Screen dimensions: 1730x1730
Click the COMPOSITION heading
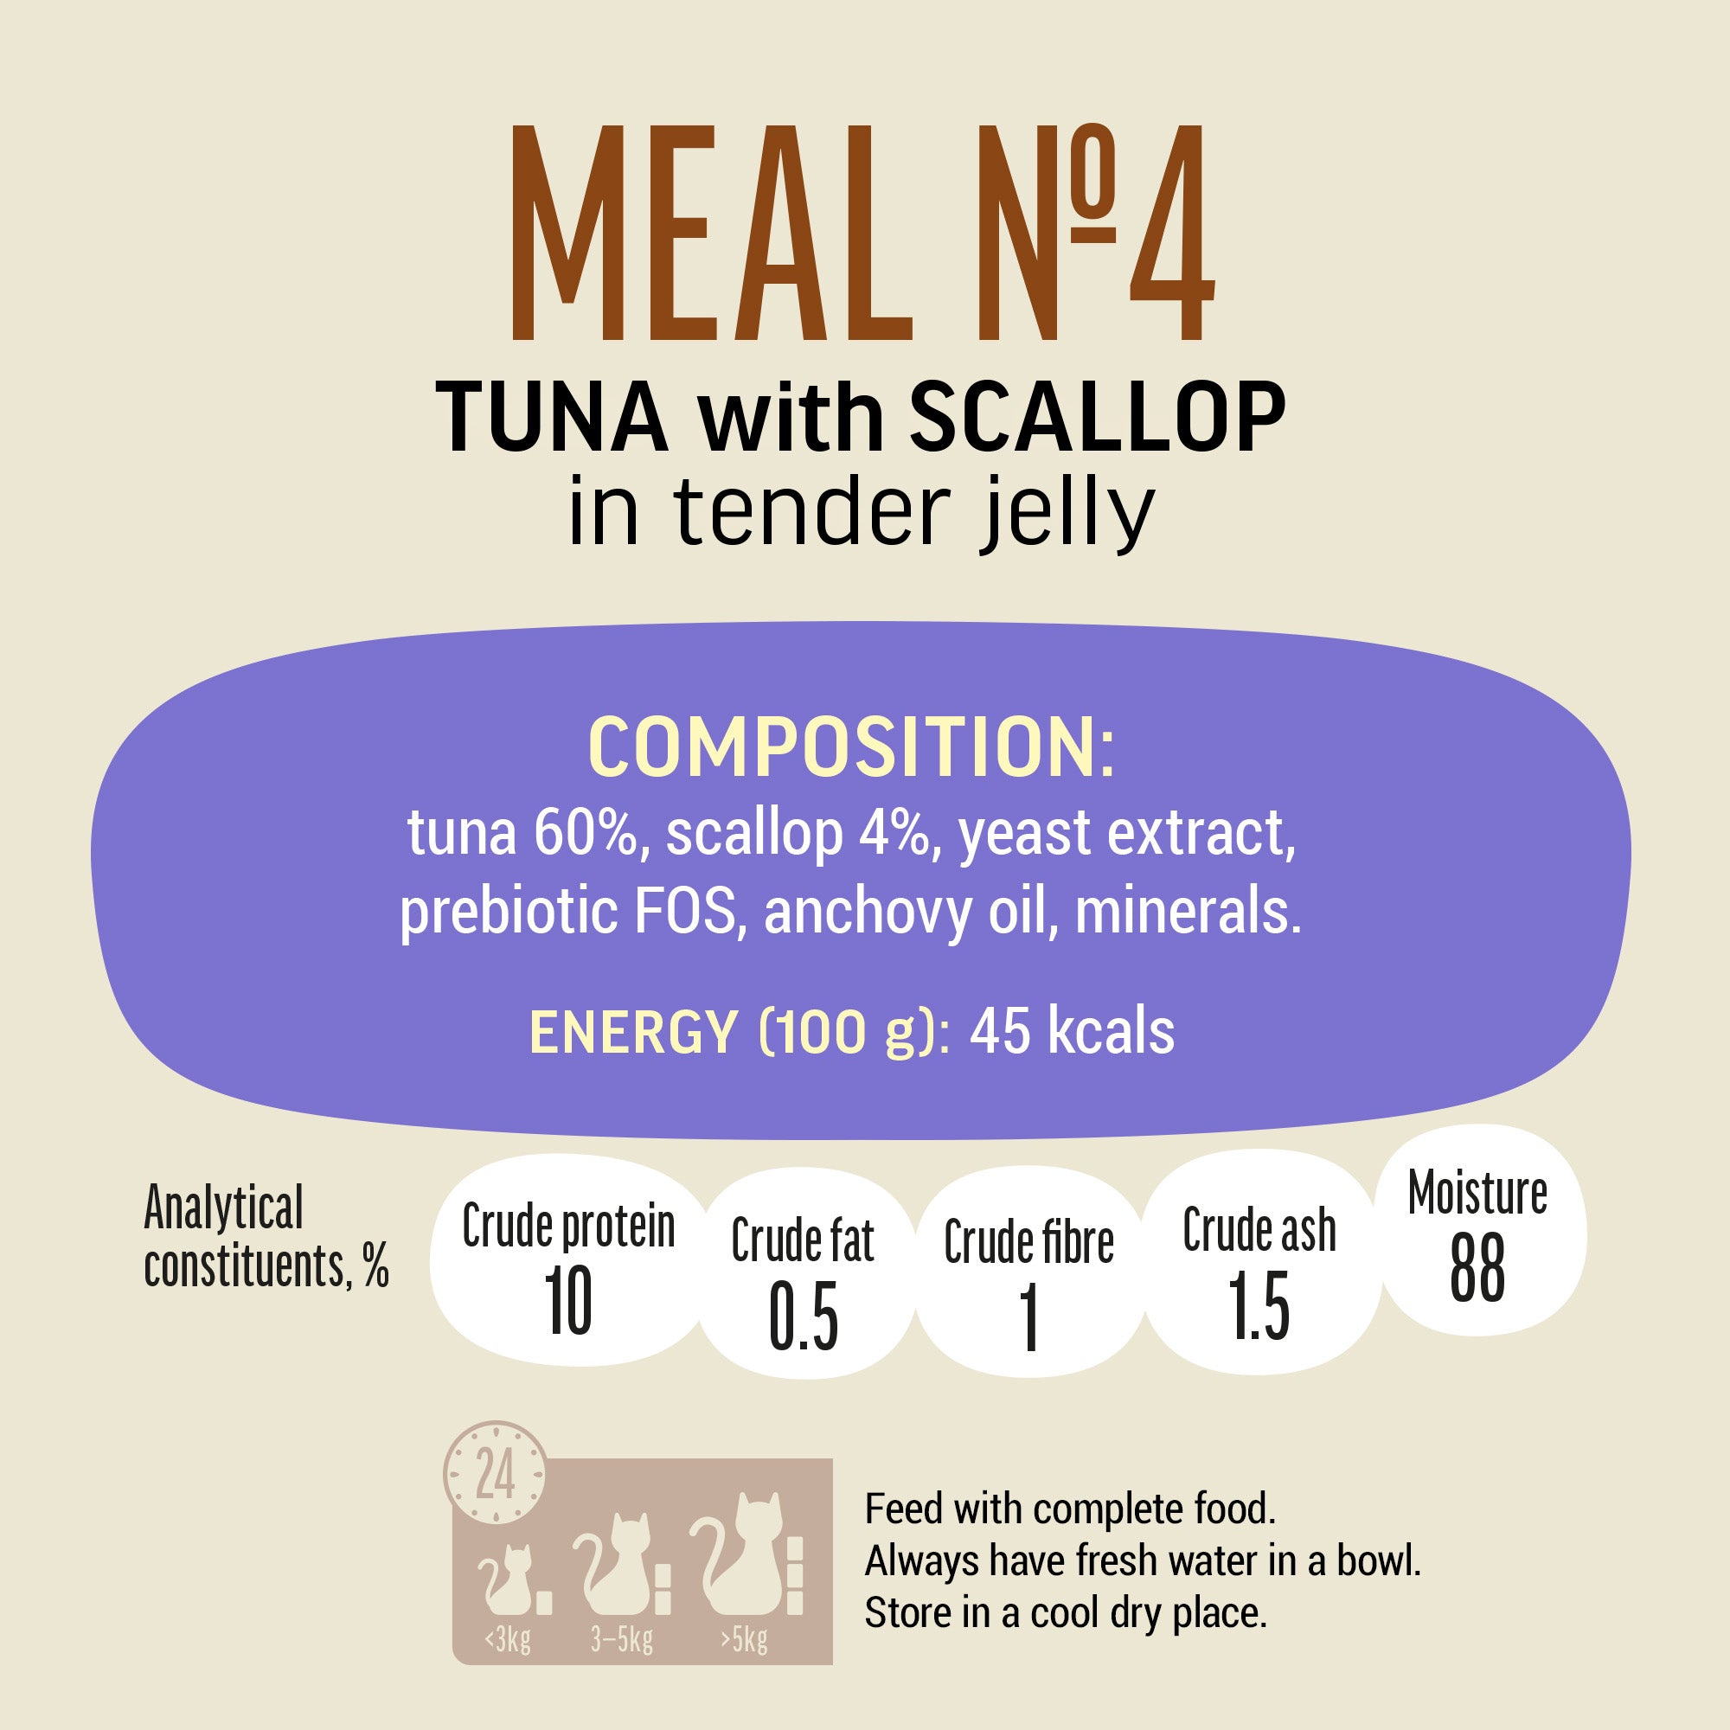coord(850,747)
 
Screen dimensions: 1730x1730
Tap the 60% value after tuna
coord(586,833)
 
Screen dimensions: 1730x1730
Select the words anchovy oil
coord(905,912)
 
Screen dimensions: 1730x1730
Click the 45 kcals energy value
coord(1072,1032)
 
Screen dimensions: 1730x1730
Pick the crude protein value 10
coord(567,1302)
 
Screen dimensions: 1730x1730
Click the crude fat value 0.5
coord(804,1317)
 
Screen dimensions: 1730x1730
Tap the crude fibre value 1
coord(1028,1317)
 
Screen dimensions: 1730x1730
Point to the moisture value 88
coord(1477,1268)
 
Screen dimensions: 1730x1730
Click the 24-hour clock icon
coord(494,1473)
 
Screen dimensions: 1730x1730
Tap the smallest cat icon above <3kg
coord(509,1580)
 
